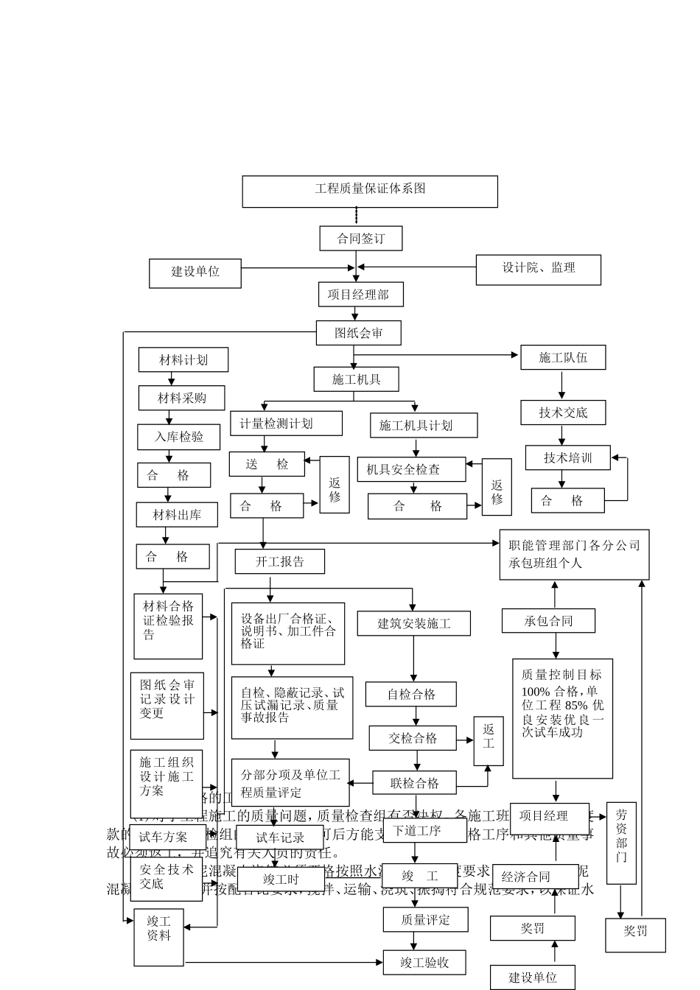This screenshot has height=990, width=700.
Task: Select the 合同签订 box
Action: (x=360, y=239)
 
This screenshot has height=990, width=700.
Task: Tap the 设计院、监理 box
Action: (x=538, y=269)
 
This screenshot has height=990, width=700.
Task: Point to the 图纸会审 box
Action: (x=359, y=333)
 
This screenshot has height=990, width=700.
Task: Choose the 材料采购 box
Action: (x=182, y=399)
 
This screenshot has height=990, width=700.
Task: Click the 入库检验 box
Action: (x=179, y=437)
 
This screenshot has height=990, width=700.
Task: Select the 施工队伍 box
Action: (x=563, y=358)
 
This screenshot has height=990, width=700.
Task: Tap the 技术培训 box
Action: (x=567, y=457)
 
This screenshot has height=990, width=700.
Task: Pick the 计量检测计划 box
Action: (x=286, y=424)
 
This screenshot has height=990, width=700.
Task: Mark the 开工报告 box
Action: (x=280, y=561)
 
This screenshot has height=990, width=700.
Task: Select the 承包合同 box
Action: (x=548, y=621)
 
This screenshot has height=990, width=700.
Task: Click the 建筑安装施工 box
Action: (x=414, y=623)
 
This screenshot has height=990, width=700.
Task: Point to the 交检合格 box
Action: (x=413, y=738)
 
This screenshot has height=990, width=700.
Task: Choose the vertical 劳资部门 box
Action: (x=621, y=843)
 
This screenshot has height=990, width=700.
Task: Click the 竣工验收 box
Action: (x=425, y=963)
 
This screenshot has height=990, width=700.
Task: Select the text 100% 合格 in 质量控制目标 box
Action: (x=550, y=692)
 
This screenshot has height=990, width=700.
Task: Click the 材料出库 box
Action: (x=177, y=515)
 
